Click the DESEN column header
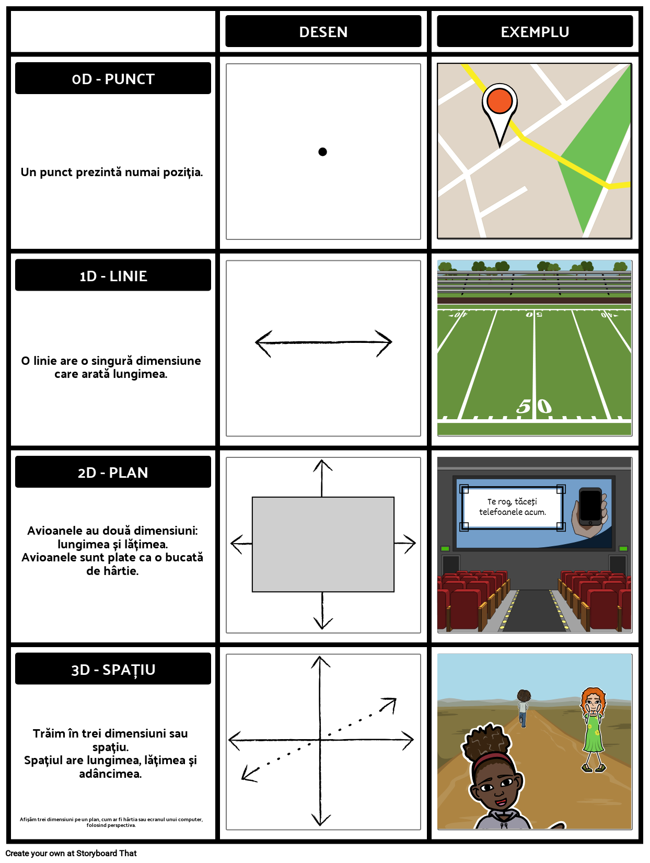click(323, 32)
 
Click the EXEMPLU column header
click(535, 32)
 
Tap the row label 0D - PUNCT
click(113, 79)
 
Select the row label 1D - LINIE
click(113, 277)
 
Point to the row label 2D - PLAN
click(113, 473)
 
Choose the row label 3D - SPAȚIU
click(113, 670)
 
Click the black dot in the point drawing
click(322, 152)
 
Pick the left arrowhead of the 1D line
click(261, 342)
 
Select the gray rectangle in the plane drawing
click(323, 544)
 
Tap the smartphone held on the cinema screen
click(591, 507)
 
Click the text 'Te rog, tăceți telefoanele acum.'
click(512, 507)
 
